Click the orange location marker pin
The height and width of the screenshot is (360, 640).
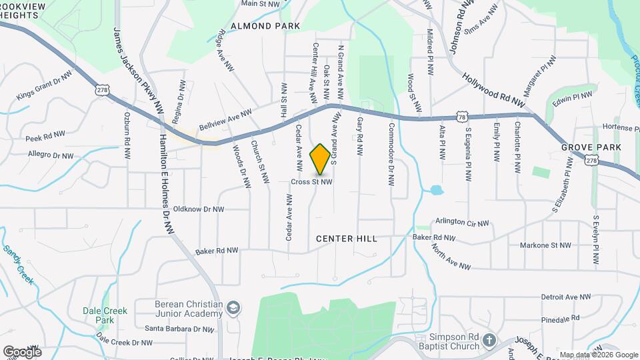pyautogui.click(x=321, y=159)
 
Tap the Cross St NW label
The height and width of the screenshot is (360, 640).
pyautogui.click(x=311, y=181)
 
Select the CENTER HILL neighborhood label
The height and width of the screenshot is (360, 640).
pyautogui.click(x=347, y=239)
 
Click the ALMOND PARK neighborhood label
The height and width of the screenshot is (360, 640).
pyautogui.click(x=265, y=26)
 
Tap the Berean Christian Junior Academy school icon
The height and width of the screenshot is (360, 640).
pyautogui.click(x=233, y=308)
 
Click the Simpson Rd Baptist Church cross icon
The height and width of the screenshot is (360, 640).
pyautogui.click(x=489, y=341)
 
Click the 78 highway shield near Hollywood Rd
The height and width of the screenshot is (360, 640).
pyautogui.click(x=462, y=117)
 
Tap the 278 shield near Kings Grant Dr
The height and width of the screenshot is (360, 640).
pyautogui.click(x=102, y=89)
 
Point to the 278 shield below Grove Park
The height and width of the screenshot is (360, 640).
pyautogui.click(x=591, y=161)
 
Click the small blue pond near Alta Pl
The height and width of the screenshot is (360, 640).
pyautogui.click(x=437, y=190)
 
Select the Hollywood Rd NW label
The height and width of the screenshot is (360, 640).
pyautogui.click(x=493, y=91)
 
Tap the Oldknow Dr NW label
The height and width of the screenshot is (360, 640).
pyautogui.click(x=198, y=209)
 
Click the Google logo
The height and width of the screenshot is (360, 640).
pyautogui.click(x=22, y=351)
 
